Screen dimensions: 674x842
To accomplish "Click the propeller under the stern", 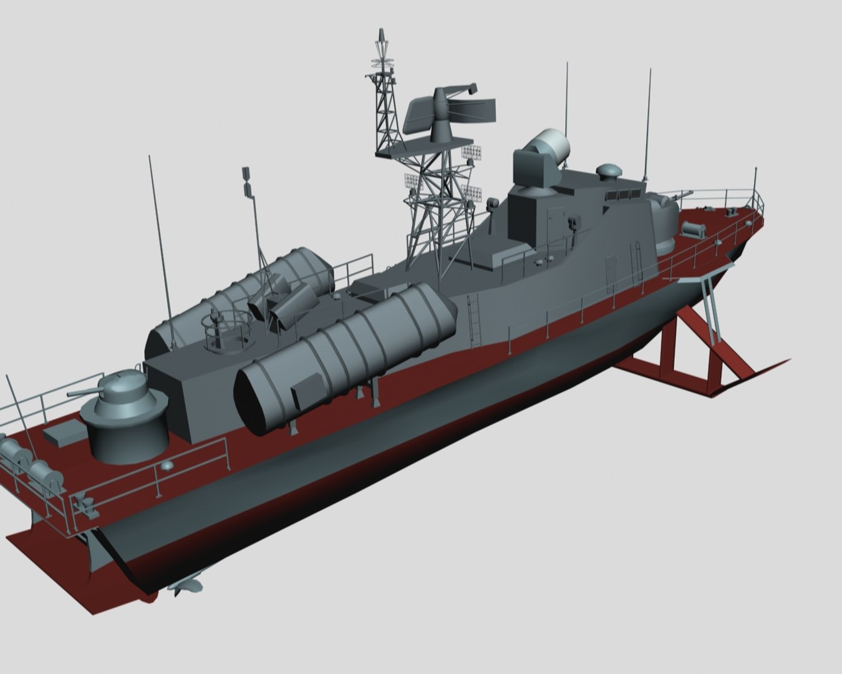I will [x=186, y=585].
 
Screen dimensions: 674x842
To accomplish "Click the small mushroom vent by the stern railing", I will [x=167, y=465].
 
